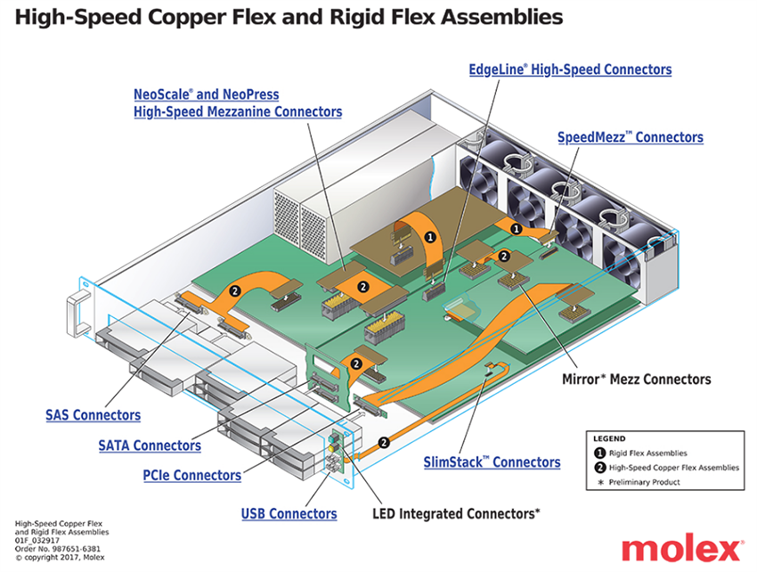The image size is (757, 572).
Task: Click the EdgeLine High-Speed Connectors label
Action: (x=570, y=69)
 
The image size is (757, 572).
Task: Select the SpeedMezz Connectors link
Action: (x=630, y=137)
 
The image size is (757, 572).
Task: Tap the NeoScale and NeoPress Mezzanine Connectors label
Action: (x=237, y=102)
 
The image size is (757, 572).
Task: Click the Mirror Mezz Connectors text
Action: (x=636, y=379)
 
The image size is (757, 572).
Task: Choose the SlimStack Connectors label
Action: (x=492, y=462)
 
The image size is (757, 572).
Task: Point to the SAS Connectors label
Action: (x=93, y=415)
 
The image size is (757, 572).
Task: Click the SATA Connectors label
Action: (x=149, y=445)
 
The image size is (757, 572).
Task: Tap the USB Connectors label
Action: (x=289, y=513)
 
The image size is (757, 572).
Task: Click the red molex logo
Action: (x=681, y=547)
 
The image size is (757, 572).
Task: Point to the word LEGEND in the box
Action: (x=610, y=438)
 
